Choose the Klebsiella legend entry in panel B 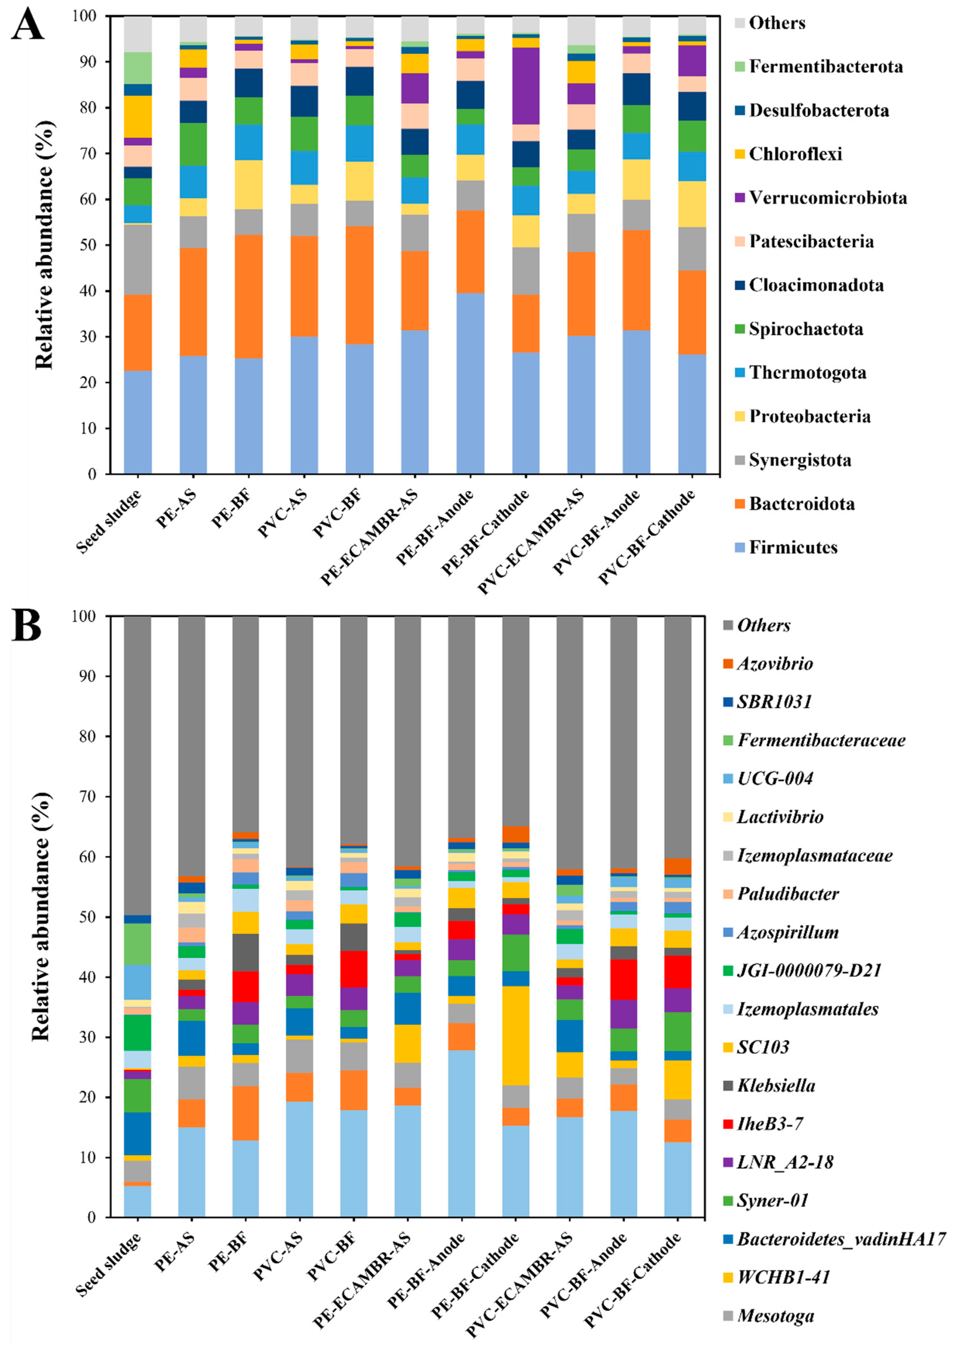click(x=776, y=1085)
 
